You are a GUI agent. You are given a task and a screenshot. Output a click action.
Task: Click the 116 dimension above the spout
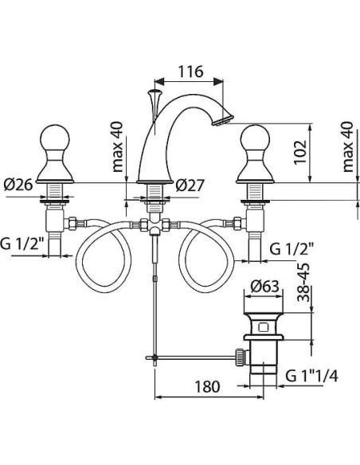(x=190, y=72)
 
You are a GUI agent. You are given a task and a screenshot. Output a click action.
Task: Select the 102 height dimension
(x=300, y=152)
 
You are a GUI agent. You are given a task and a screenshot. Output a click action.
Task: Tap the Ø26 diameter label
(x=18, y=186)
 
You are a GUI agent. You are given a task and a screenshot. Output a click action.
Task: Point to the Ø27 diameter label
(x=190, y=186)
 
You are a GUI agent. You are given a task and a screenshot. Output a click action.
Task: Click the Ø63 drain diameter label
(x=264, y=287)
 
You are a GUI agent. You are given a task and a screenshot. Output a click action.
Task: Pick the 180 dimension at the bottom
(x=207, y=386)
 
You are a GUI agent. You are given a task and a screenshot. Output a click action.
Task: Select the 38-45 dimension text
(x=303, y=283)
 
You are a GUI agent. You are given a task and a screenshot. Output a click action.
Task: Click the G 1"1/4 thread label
(x=311, y=377)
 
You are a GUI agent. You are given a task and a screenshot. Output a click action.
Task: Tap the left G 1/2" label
(x=22, y=244)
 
